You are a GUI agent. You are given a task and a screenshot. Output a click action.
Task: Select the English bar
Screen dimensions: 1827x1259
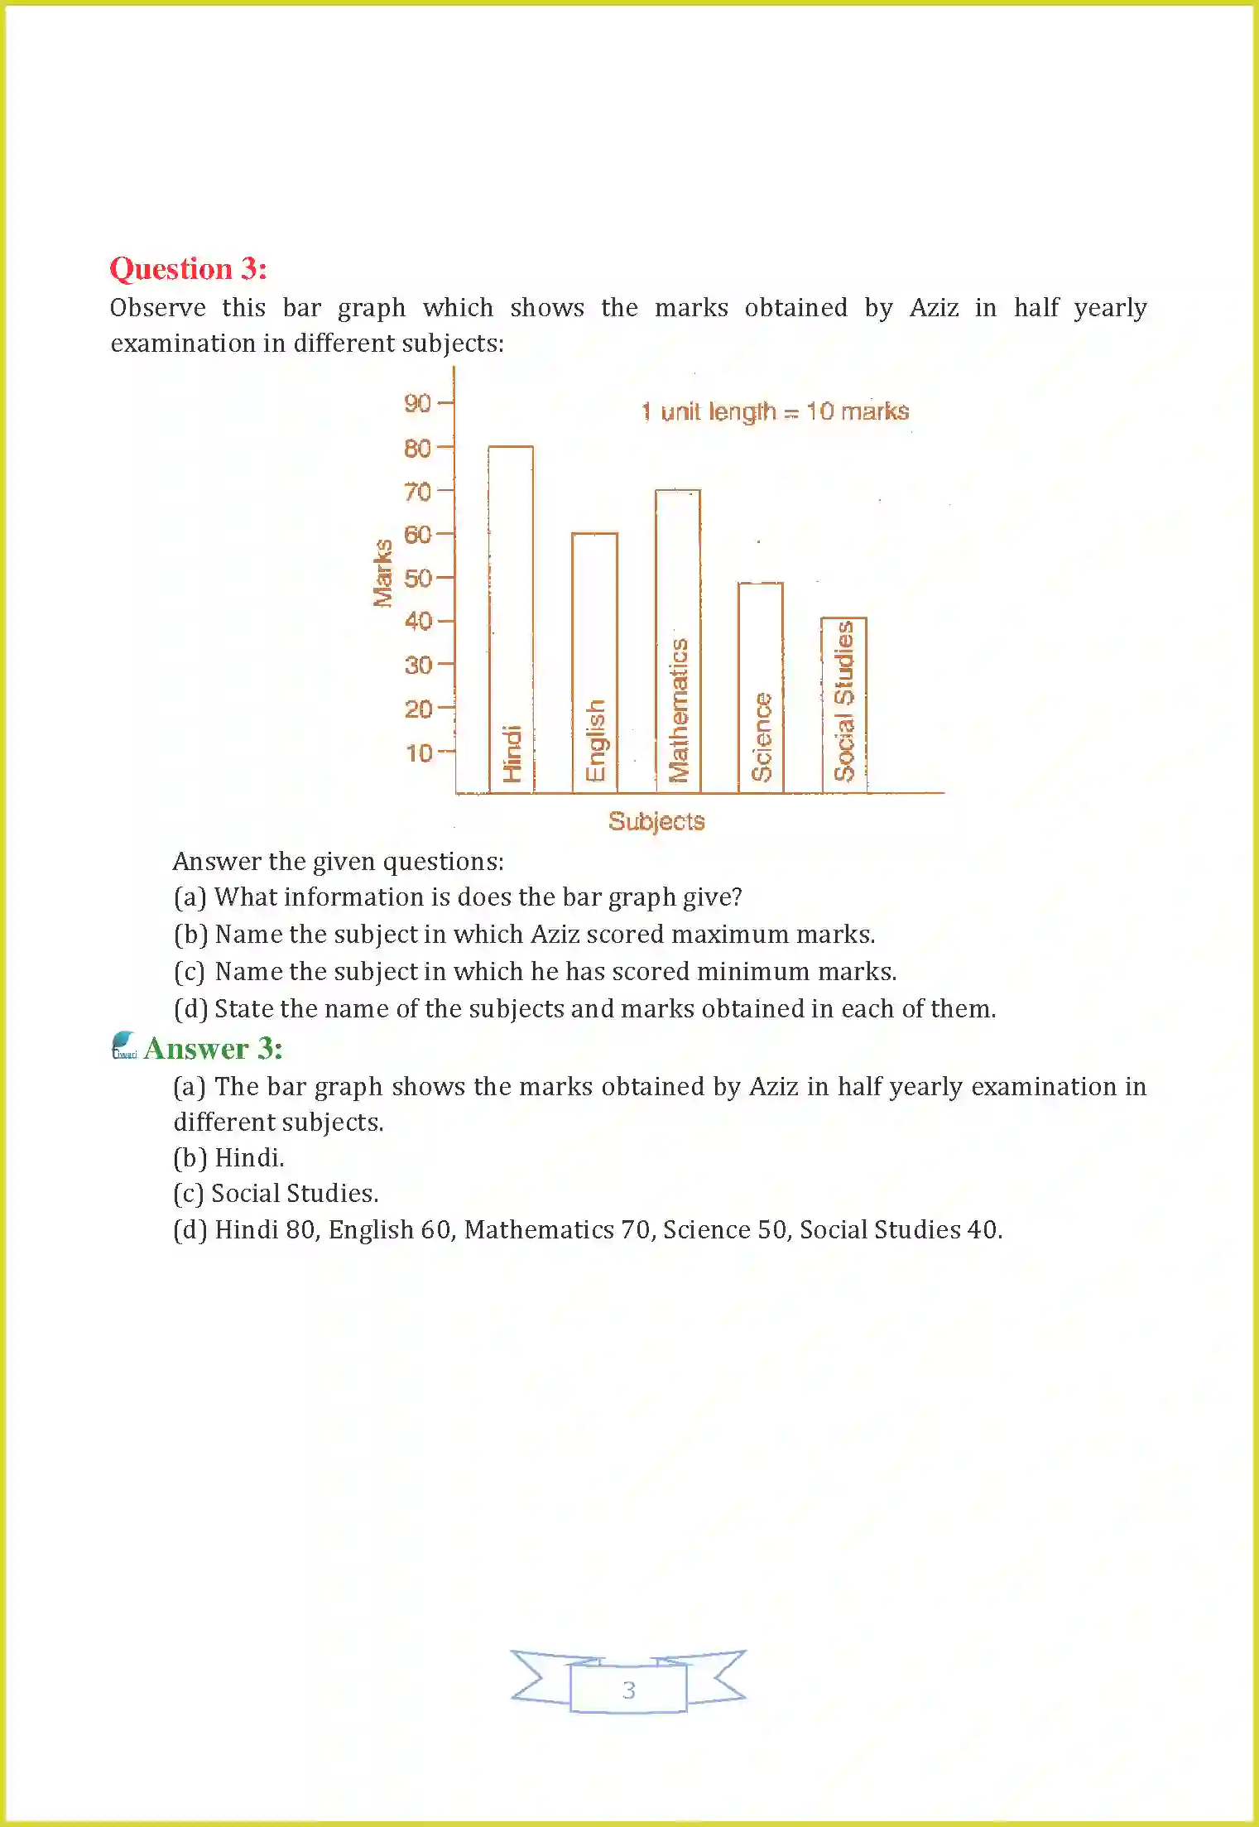pyautogui.click(x=594, y=662)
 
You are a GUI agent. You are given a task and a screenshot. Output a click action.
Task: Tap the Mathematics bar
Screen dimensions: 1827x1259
pyautogui.click(x=678, y=641)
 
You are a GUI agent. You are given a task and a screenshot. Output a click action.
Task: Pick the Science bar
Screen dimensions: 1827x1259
pyautogui.click(x=761, y=687)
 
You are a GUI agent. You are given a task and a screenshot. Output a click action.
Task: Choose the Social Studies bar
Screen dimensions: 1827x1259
pyautogui.click(x=843, y=704)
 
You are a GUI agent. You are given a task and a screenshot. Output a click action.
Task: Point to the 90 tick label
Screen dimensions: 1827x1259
pyautogui.click(x=418, y=403)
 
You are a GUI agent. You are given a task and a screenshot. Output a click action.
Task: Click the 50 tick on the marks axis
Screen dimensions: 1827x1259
pyautogui.click(x=418, y=578)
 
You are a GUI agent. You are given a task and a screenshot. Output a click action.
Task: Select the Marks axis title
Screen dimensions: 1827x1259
pyautogui.click(x=382, y=573)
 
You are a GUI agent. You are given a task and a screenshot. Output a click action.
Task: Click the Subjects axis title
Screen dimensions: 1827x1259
pyautogui.click(x=656, y=821)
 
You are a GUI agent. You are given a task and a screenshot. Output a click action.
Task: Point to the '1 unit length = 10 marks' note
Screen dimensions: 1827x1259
pyautogui.click(x=775, y=411)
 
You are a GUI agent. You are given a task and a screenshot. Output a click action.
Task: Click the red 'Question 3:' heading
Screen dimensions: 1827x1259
pyautogui.click(x=189, y=269)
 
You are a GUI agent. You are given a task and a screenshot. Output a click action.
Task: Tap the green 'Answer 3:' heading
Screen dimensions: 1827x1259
pyautogui.click(x=213, y=1049)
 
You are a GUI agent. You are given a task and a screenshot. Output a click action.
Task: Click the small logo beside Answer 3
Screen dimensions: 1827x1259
pyautogui.click(x=124, y=1045)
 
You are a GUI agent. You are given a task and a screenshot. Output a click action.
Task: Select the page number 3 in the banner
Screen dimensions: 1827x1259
pyautogui.click(x=629, y=1690)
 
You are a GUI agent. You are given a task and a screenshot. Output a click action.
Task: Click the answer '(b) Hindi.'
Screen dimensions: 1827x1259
pyautogui.click(x=229, y=1157)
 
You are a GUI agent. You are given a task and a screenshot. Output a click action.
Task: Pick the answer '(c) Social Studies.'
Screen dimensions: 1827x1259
pyautogui.click(x=276, y=1193)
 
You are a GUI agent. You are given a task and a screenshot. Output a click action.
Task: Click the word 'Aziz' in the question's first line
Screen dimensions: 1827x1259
pyautogui.click(x=934, y=308)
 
